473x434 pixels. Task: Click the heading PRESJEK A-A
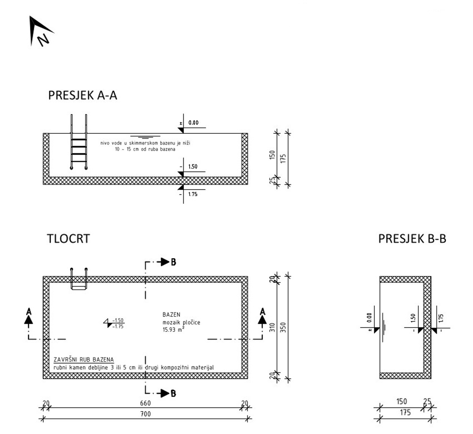pos(82,95)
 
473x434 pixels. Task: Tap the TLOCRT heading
pos(68,239)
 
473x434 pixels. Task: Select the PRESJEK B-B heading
pos(412,239)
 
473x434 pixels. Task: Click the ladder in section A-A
pos(79,143)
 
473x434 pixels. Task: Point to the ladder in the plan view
pos(79,278)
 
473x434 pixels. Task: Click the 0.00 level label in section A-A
pos(193,123)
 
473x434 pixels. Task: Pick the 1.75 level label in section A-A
pos(193,194)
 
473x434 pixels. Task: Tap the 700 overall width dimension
pos(145,414)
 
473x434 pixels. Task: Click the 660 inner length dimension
pos(145,403)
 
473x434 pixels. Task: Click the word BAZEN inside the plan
pos(171,315)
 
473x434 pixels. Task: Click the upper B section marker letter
pos(173,262)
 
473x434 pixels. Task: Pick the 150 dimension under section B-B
pos(401,401)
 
